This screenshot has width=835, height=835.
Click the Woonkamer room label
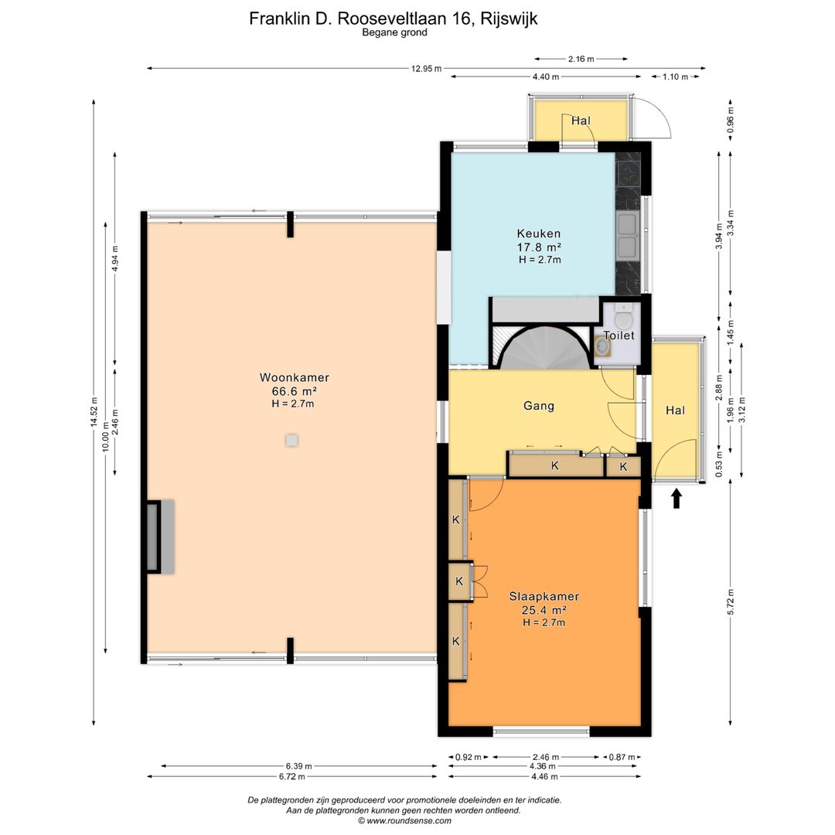294,377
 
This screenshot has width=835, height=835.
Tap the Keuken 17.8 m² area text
539,247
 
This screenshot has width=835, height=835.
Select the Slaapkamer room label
544,596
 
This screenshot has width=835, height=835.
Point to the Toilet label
619,336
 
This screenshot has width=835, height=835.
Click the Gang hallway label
539,406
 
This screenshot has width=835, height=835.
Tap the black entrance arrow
677,499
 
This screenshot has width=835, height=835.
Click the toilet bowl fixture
622,316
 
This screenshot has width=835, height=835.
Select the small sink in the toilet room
602,346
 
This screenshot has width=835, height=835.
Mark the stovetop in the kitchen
629,172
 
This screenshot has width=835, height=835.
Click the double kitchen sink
627,235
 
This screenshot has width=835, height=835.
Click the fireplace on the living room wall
159,537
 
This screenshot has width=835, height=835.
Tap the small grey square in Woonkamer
291,441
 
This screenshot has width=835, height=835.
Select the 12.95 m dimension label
426,69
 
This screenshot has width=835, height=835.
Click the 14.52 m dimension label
94,411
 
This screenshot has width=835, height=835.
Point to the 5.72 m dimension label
731,602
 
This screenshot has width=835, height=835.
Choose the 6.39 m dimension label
298,766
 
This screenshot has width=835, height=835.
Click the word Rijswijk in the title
509,19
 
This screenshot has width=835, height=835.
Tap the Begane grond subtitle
394,32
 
